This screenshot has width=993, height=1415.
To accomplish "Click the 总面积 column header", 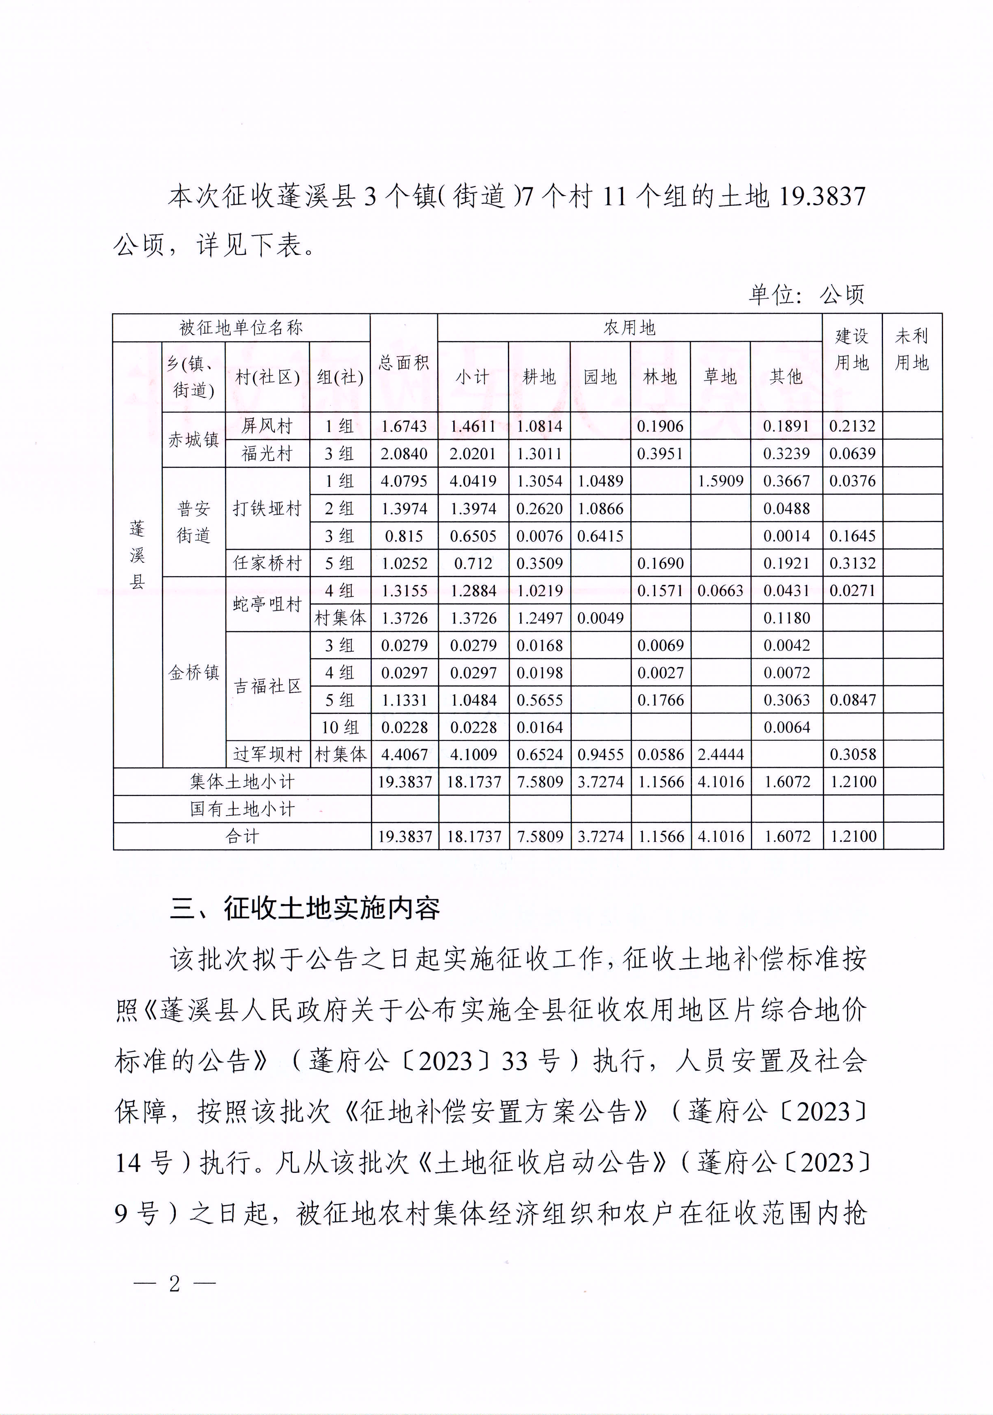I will coord(404,363).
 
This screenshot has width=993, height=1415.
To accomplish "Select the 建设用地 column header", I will coord(852,349).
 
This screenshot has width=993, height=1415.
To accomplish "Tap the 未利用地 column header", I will coord(912,349).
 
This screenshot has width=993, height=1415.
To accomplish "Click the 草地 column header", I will coord(720,376).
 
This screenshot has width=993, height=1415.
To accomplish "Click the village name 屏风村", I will coord(267,426).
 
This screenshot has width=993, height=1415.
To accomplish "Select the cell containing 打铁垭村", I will coord(267,508).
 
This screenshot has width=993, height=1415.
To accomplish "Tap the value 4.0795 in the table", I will coord(404,481).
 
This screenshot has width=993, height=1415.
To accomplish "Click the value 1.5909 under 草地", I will coord(720,481).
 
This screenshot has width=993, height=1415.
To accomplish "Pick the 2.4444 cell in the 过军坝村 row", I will coord(720,754).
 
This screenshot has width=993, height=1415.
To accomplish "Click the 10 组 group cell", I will coord(339,727).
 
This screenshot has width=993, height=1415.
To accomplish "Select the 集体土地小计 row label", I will coord(242,781).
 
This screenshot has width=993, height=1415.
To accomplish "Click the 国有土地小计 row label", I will coord(242,809).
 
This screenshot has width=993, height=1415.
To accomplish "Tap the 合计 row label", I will coord(242,836).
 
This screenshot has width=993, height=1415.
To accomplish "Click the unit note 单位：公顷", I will coord(807,295).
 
